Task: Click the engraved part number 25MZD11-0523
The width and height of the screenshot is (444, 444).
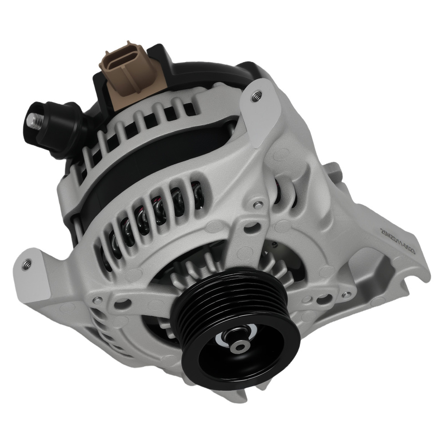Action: click(x=398, y=241)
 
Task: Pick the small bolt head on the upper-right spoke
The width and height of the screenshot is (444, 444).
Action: click(x=257, y=205)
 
